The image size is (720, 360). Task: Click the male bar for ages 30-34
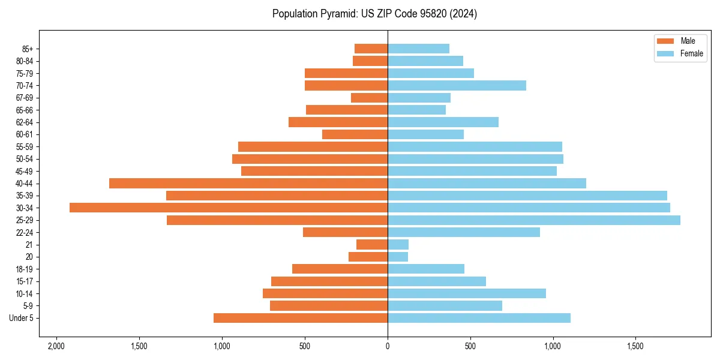click(228, 208)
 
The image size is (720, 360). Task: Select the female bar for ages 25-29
click(534, 220)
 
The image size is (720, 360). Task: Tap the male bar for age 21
click(372, 245)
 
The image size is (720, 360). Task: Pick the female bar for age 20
click(398, 257)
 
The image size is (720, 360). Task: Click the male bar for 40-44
click(248, 183)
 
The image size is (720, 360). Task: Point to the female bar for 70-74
click(457, 85)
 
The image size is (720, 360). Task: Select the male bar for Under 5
click(300, 318)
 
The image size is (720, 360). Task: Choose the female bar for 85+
click(418, 49)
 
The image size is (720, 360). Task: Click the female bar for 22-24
click(464, 232)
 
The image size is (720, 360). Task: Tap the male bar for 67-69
click(369, 98)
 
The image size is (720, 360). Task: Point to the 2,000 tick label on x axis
click(56, 347)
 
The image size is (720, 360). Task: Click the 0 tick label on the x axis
click(388, 347)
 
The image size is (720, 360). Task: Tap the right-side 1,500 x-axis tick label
click(635, 347)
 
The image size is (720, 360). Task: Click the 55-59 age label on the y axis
click(24, 147)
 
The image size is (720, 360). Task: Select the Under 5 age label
click(21, 318)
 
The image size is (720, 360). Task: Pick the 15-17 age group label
click(24, 281)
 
